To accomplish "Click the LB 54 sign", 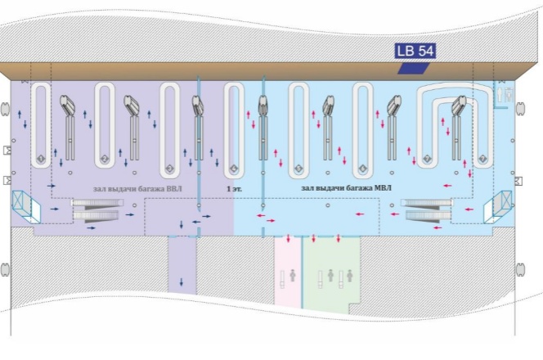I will pyautogui.click(x=415, y=51).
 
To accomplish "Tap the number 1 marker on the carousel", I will pyautogui.click(x=41, y=157).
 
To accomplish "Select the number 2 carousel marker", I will pyautogui.click(x=105, y=158).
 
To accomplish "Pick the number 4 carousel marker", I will pyautogui.click(x=234, y=169).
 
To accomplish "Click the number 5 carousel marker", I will pyautogui.click(x=298, y=168).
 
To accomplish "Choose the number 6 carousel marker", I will pyautogui.click(x=363, y=168).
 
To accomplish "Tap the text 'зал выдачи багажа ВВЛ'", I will pyautogui.click(x=137, y=189).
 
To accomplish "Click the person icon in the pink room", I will pyautogui.click(x=292, y=277).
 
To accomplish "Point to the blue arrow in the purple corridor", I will pyautogui.click(x=182, y=282).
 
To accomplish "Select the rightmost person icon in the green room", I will pyautogui.click(x=351, y=277).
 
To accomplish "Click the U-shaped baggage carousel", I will pyautogui.click(x=454, y=123).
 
